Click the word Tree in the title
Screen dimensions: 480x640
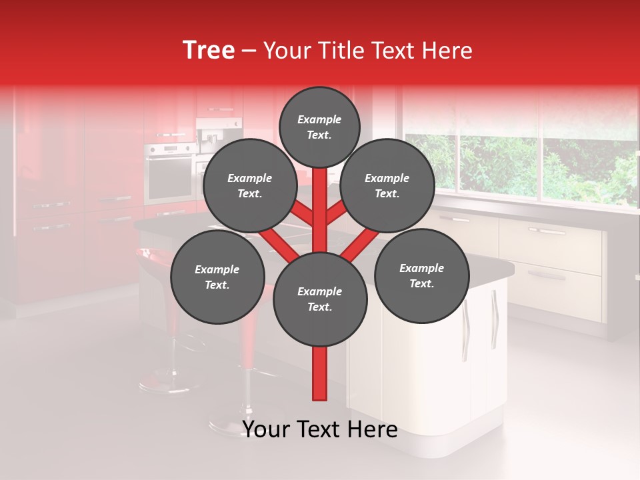(x=209, y=51)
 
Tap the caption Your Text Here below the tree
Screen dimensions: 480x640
(x=320, y=429)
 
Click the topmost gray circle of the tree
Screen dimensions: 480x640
(x=319, y=127)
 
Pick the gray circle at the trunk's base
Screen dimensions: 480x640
(x=320, y=299)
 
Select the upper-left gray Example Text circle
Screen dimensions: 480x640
(x=249, y=186)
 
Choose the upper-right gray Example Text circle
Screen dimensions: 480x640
(x=387, y=186)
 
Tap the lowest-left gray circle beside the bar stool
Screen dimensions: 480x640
(x=217, y=277)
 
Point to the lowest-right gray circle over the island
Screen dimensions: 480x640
(x=422, y=276)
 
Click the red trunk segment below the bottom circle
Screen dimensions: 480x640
(x=320, y=373)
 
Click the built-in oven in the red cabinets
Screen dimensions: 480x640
(x=170, y=173)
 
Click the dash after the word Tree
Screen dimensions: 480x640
(x=249, y=51)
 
